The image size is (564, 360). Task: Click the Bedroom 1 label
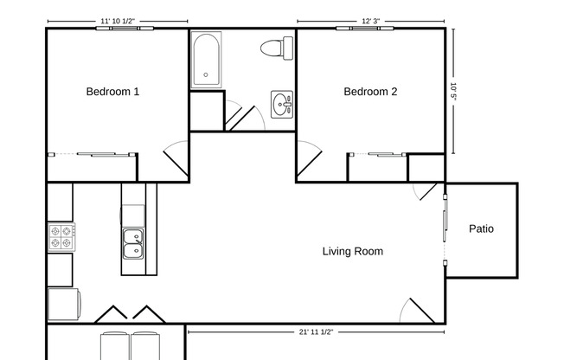(112, 92)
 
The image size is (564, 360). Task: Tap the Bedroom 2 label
(370, 92)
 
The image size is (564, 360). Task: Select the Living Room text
(352, 252)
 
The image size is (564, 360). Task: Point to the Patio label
(481, 229)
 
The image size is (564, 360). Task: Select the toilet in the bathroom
(273, 48)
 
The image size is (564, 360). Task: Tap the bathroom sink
(282, 105)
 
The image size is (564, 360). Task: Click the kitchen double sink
(133, 243)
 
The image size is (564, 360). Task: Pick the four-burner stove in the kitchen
(61, 237)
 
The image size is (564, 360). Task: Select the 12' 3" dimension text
(370, 20)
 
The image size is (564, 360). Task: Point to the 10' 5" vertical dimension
(452, 92)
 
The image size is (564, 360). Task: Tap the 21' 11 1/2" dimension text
(316, 331)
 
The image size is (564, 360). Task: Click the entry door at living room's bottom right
(419, 311)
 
